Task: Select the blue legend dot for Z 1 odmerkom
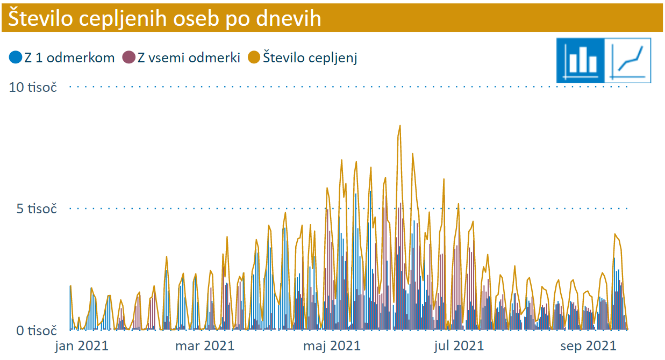16,57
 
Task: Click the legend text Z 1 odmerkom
69,58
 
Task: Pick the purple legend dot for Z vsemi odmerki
129,57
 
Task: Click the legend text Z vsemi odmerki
189,58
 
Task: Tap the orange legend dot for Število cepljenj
254,57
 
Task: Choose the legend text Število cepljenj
310,58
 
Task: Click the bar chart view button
581,60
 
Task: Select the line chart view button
628,60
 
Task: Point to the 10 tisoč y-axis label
33,87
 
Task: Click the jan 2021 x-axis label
82,345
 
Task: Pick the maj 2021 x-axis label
332,345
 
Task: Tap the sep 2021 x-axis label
588,345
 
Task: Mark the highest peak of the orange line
400,126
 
